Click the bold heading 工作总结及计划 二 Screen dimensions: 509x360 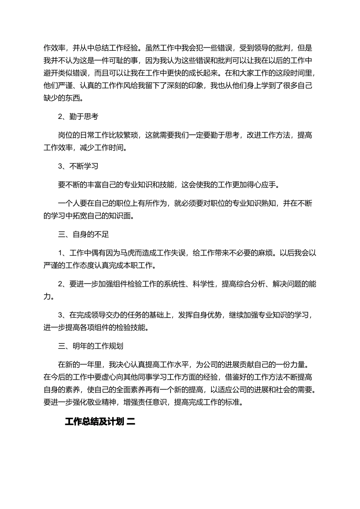[100, 422]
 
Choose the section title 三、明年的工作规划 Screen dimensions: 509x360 [91, 346]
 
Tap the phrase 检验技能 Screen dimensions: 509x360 [131, 327]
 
